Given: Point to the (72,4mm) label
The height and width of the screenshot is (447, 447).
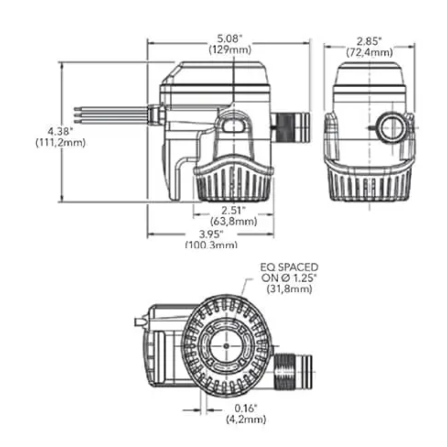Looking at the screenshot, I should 369,52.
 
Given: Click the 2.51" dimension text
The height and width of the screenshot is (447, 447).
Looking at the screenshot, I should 233,209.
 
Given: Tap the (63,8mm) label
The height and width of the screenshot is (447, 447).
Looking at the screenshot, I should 233,221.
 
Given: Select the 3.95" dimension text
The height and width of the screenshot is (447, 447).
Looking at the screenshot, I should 211,234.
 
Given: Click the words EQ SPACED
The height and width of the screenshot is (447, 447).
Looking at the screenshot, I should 289,267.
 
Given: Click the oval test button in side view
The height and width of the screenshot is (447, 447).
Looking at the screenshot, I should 234,125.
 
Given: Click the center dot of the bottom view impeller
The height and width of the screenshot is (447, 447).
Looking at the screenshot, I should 226,346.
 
